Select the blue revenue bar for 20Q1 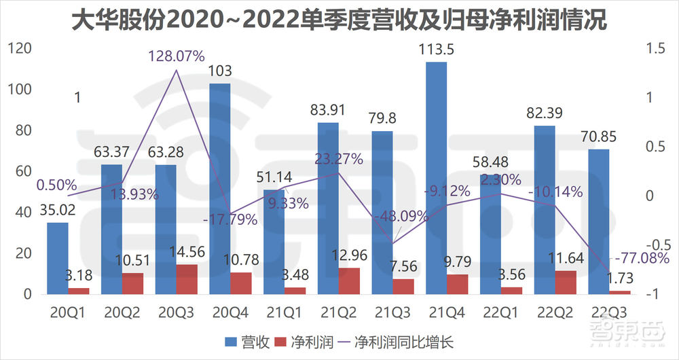(58, 258)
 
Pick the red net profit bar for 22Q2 (566, 283)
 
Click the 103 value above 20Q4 (219, 71)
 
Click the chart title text (339, 20)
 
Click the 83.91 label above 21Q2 (327, 110)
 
